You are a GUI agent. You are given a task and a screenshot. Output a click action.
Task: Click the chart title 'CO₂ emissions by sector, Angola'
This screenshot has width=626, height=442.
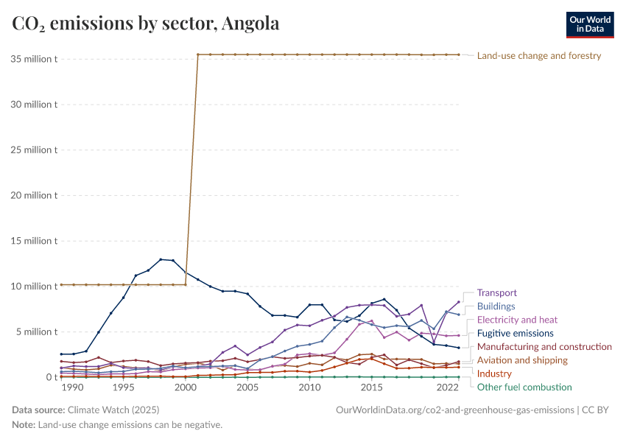click(146, 24)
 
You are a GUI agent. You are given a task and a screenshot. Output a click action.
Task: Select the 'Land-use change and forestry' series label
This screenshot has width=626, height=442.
click(539, 55)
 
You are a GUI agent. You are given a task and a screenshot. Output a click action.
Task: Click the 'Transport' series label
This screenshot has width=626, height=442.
click(497, 292)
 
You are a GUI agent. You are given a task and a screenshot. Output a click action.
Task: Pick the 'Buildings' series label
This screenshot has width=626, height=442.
click(496, 306)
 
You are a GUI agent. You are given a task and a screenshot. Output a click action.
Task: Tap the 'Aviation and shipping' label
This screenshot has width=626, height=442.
click(522, 360)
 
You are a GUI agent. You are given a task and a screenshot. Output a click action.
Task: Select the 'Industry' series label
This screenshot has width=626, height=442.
click(494, 373)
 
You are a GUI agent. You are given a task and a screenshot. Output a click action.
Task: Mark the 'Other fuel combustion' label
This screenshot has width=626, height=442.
click(524, 387)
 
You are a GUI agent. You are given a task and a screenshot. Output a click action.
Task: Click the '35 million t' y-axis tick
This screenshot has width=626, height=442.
click(34, 59)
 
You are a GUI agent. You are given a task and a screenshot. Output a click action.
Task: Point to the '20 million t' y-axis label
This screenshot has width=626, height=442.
click(34, 195)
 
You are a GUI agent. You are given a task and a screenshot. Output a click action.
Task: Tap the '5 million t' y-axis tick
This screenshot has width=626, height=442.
click(37, 331)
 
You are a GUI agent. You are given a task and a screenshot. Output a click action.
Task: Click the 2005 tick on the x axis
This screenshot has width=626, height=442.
click(247, 387)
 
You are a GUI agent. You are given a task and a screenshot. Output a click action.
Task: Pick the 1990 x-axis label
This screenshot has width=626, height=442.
click(73, 387)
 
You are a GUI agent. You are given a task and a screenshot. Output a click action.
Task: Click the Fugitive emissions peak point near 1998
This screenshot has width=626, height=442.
click(161, 259)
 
